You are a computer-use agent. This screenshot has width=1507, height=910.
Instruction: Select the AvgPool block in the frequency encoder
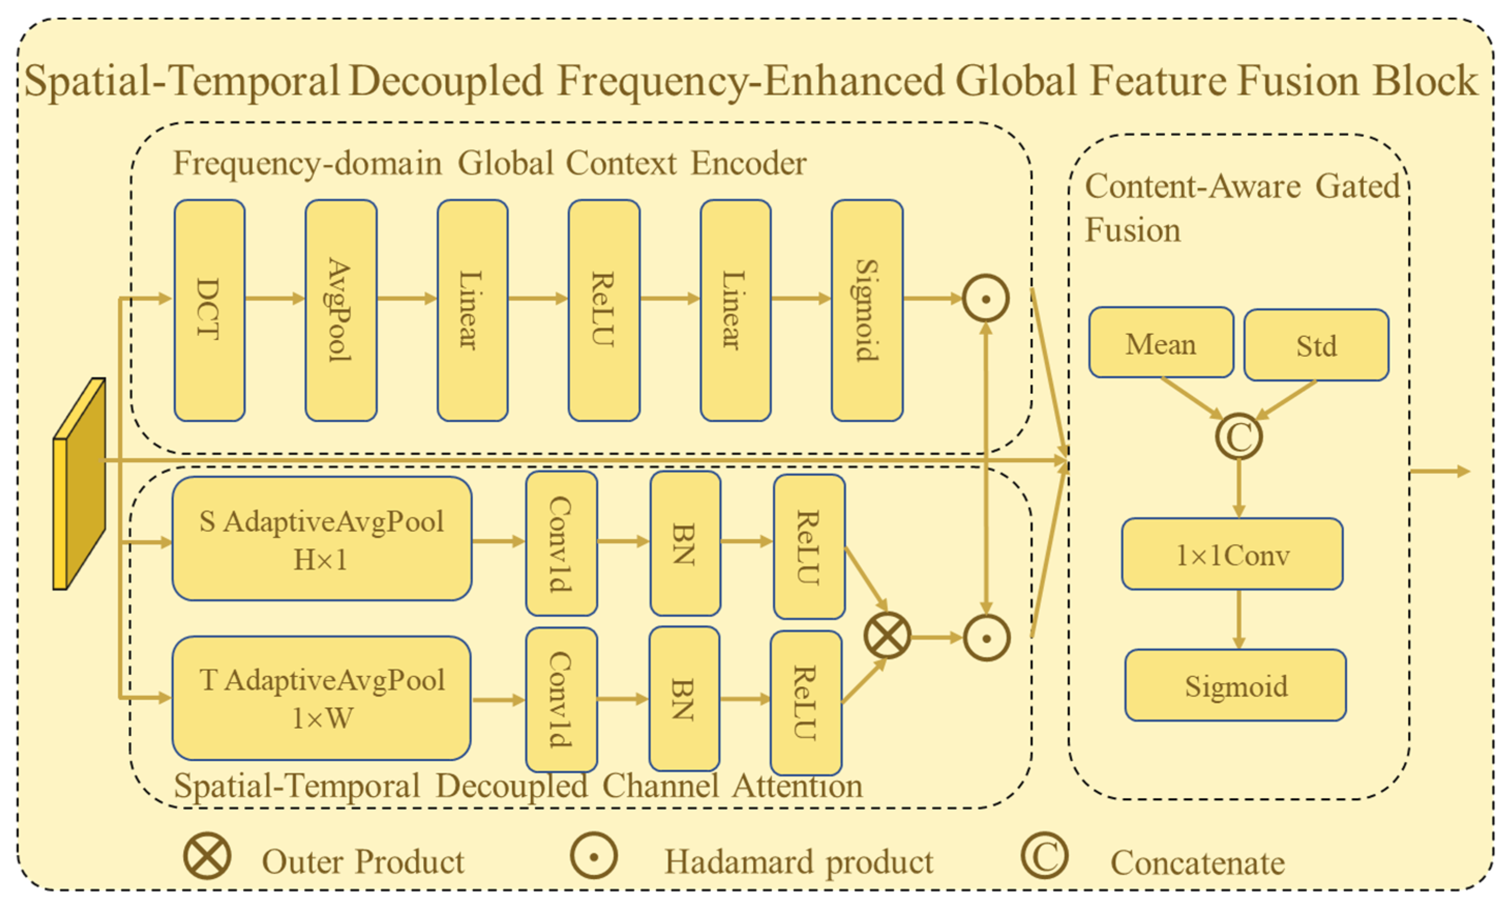coord(341,310)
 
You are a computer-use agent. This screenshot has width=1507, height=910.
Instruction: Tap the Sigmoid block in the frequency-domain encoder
coord(867,310)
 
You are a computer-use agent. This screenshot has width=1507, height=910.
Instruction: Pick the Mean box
coord(1161,343)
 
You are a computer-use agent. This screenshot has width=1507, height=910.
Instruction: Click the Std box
coord(1316,345)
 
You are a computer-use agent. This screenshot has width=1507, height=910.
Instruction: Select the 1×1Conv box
coord(1232,554)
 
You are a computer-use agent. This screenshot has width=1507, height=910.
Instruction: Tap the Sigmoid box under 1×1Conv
coord(1235,685)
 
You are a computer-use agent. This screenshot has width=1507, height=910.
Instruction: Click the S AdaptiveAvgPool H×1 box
coord(322,538)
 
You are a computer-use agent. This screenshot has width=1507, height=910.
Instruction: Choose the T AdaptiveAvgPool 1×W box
coord(322,698)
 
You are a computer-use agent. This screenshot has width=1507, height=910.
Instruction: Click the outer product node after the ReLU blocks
coord(887,636)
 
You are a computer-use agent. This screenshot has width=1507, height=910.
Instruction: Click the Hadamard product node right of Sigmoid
coord(985,299)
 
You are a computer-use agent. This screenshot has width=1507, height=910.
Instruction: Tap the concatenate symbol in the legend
coord(1045,856)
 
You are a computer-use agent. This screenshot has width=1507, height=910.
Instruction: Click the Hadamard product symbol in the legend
coord(593,856)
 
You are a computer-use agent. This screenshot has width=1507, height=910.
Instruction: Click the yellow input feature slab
coord(80,483)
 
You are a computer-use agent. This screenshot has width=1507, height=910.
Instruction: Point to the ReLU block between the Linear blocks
coord(604,310)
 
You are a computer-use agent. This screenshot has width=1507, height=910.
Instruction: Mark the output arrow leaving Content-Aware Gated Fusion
coord(1440,471)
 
